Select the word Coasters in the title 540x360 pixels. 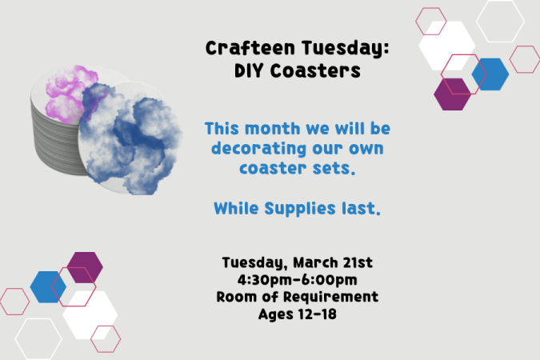pyautogui.click(x=315, y=71)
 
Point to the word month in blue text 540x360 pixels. pyautogui.click(x=273, y=129)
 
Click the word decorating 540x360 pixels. pyautogui.click(x=259, y=149)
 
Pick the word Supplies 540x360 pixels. pyautogui.click(x=300, y=208)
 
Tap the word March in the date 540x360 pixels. pyautogui.click(x=315, y=262)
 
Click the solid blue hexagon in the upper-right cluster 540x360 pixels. pyautogui.click(x=490, y=74)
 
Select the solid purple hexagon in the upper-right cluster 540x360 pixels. pyautogui.click(x=452, y=94)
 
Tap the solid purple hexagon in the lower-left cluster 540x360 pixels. pyautogui.click(x=85, y=268)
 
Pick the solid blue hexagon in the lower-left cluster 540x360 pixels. pyautogui.click(x=48, y=287)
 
